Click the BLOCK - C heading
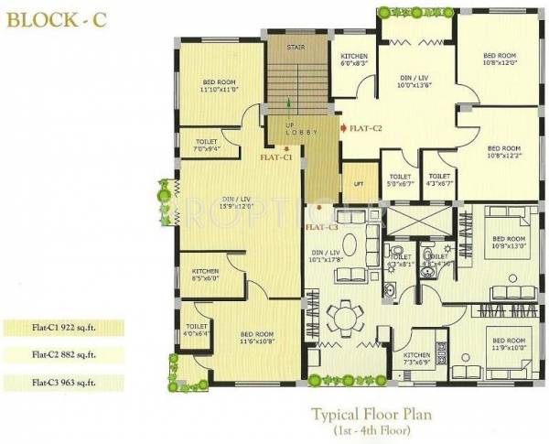point(51,19)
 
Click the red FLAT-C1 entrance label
point(275,157)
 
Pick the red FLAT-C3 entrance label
point(321,226)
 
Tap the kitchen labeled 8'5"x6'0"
point(205,276)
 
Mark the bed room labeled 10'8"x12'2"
point(503,151)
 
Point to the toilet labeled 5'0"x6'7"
point(400,180)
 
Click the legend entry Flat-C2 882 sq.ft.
point(59,353)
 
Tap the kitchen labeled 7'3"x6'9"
point(416,357)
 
